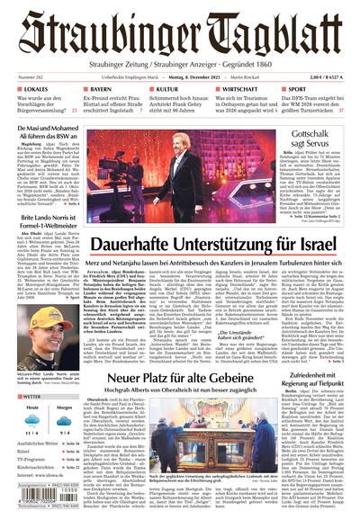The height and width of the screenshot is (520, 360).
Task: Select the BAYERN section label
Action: [x=99, y=91]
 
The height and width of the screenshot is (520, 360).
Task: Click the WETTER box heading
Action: [x=31, y=396]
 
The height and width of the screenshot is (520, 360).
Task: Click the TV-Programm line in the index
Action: [x=32, y=460]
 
